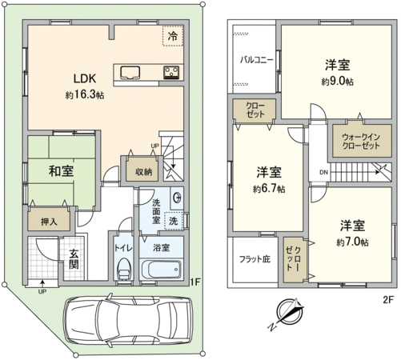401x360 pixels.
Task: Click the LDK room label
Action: [x=85, y=78]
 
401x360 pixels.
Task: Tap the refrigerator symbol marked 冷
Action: [x=173, y=36]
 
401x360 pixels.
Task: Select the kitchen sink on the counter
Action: [x=130, y=73]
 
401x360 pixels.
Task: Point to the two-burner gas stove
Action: [x=171, y=72]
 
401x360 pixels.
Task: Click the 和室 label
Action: [x=61, y=171]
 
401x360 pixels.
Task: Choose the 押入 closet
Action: [x=49, y=218]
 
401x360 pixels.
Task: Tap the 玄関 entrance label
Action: [x=74, y=259]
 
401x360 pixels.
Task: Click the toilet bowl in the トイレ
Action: [x=123, y=270]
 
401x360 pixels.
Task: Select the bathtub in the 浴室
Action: [x=161, y=269]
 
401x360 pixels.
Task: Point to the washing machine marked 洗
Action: [x=174, y=221]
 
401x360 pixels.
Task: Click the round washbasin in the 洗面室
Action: [x=177, y=198]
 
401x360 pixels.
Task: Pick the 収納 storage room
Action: [x=142, y=170]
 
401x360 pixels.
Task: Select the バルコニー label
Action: [x=256, y=59]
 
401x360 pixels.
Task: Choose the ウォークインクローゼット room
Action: [x=361, y=141]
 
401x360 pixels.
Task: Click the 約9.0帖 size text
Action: [x=337, y=82]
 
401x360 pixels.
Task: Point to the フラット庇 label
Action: [x=255, y=258]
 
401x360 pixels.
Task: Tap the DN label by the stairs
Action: [x=323, y=172]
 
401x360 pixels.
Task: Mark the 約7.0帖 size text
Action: [x=352, y=242]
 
